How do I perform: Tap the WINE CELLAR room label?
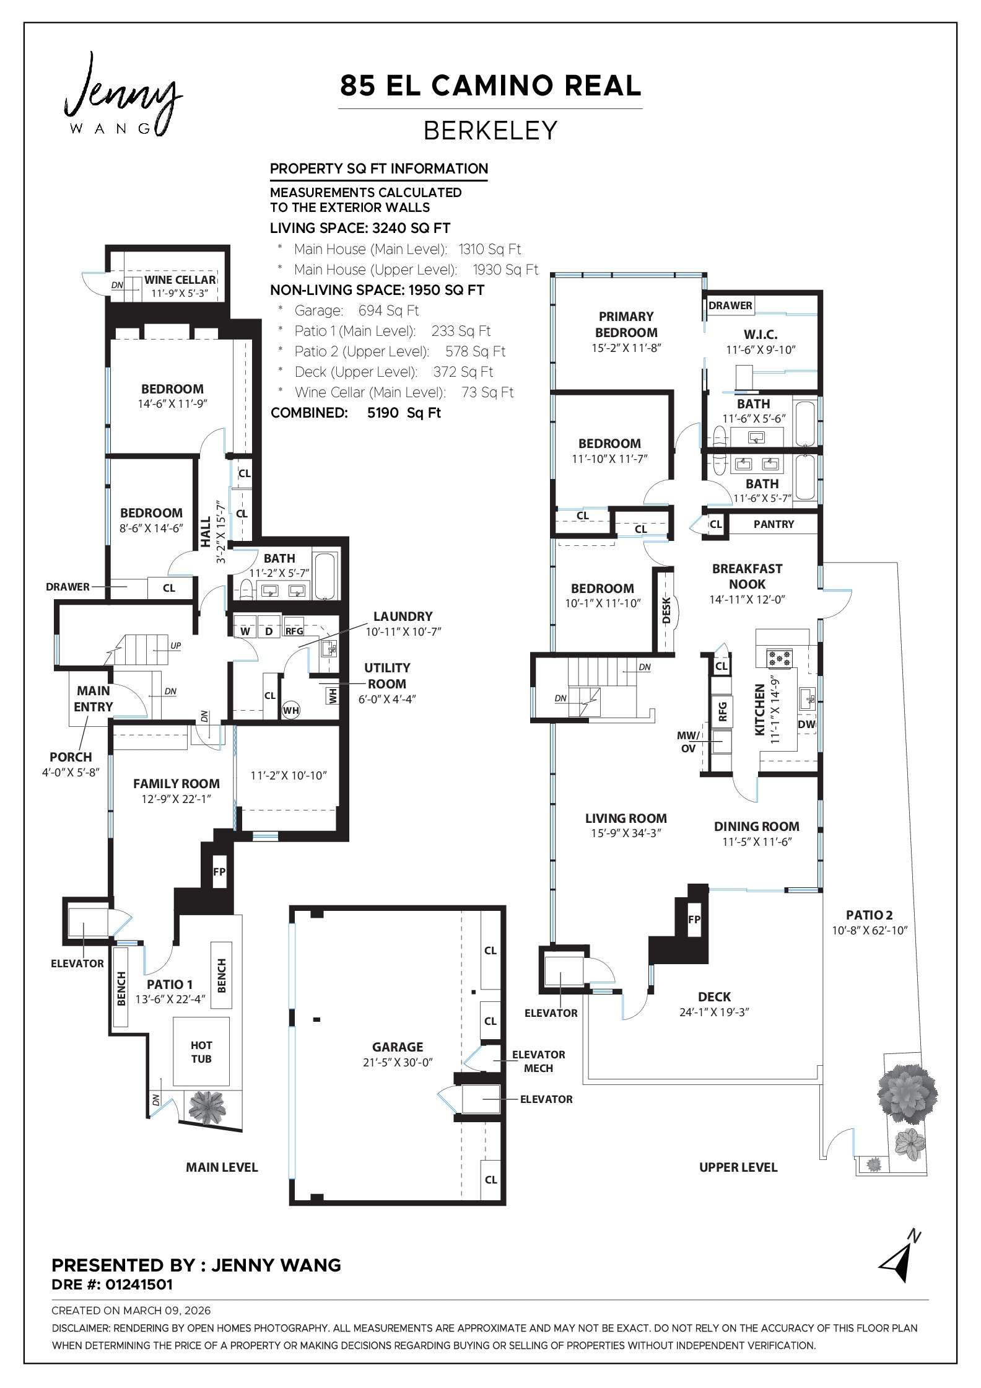tap(180, 280)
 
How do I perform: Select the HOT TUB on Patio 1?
tap(201, 1052)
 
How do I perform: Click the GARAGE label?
tap(398, 1047)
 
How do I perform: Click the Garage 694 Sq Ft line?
tap(357, 310)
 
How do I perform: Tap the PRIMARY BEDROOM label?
tap(626, 324)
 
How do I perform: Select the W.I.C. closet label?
tap(761, 335)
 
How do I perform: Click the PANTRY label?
tap(774, 524)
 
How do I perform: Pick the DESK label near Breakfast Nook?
tap(666, 610)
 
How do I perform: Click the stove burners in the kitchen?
tap(780, 658)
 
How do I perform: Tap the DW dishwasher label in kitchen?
tap(806, 724)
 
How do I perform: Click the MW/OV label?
tap(688, 742)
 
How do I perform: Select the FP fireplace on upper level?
tap(694, 920)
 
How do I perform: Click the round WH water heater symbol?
tap(291, 709)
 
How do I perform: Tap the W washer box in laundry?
tap(245, 631)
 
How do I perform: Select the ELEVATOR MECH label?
tap(538, 1061)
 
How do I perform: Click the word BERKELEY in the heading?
tap(490, 131)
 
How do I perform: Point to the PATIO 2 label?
tap(869, 915)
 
